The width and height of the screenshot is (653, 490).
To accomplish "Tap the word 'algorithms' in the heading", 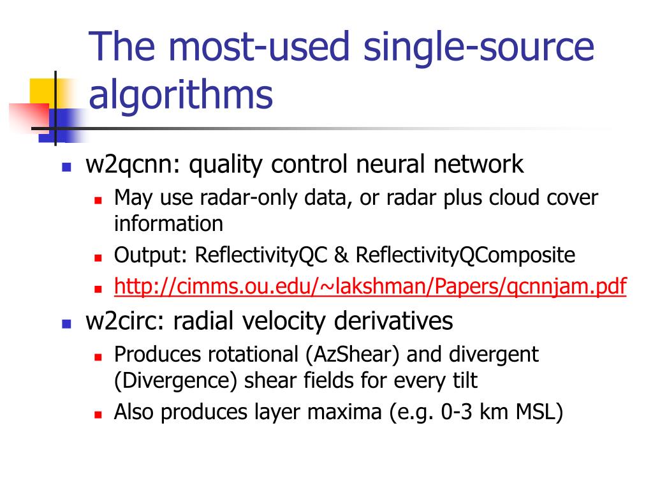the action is (x=180, y=95).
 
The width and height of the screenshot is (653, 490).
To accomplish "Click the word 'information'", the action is (x=168, y=223).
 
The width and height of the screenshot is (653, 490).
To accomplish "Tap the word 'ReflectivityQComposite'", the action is (x=466, y=256).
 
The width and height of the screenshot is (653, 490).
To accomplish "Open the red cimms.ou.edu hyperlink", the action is (x=370, y=286).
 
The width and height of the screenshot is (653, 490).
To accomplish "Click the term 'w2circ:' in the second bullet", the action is (x=124, y=320).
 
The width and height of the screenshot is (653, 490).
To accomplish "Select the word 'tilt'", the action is (x=463, y=381).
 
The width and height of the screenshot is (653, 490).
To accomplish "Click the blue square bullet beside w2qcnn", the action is (x=66, y=167).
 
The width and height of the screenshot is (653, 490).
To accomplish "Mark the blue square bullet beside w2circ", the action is (x=66, y=323).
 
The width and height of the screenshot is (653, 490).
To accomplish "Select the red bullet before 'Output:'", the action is (x=98, y=258).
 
